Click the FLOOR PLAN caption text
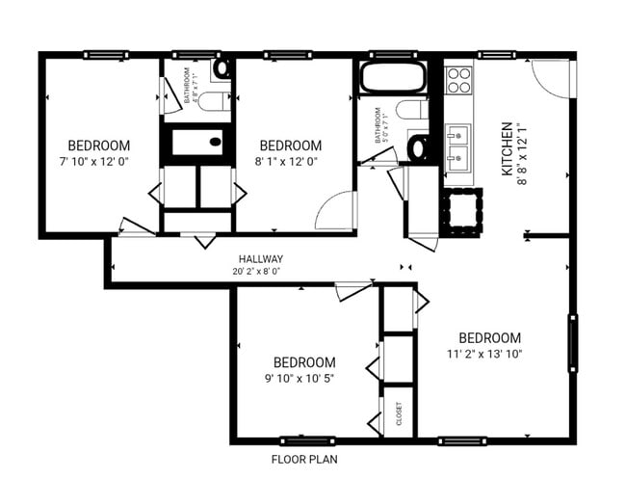click(303, 460)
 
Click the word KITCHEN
click(507, 149)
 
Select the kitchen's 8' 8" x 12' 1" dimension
click(522, 154)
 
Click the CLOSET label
click(400, 414)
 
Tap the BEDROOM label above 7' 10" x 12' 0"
click(98, 146)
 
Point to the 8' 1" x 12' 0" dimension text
click(289, 160)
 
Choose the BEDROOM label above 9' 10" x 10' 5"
click(303, 362)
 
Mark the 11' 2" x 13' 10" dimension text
click(489, 353)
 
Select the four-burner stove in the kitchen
click(459, 78)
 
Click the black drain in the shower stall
click(215, 143)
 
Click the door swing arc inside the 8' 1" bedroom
click(333, 212)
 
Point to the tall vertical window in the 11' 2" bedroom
click(573, 342)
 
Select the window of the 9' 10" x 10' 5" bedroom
click(306, 440)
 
